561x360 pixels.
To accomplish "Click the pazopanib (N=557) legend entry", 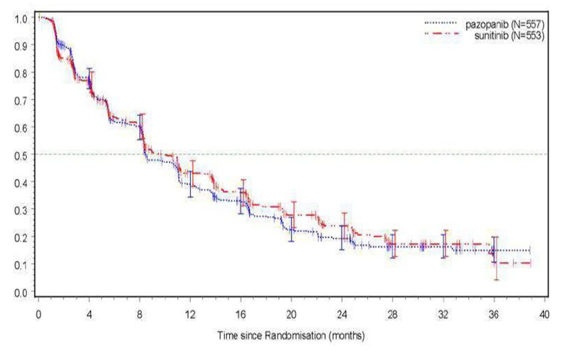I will (501, 24).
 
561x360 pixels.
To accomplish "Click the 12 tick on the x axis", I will (190, 311).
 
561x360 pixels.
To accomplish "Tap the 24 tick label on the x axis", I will (342, 311).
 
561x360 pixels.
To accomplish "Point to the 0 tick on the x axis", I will (38, 311).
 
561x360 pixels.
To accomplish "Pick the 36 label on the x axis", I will (495, 311).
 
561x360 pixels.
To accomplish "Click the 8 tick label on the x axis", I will (139, 311).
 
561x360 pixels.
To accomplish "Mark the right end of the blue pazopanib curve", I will (530, 250).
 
